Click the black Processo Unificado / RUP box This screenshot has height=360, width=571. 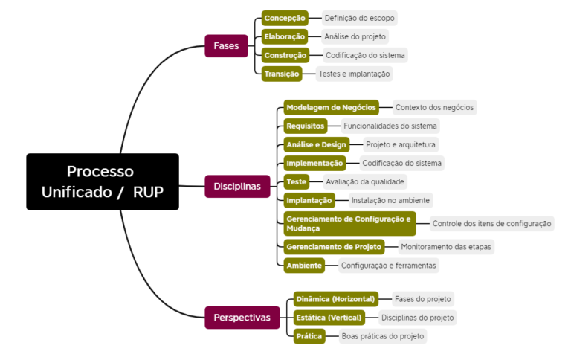[103, 181]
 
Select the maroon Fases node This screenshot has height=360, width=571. [226, 45]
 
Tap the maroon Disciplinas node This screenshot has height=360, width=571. [237, 186]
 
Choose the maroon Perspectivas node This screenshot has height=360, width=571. [242, 318]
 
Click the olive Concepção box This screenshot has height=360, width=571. [285, 17]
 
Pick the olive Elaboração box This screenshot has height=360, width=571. [285, 36]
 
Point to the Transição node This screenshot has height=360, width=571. [282, 73]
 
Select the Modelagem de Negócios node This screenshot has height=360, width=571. [331, 107]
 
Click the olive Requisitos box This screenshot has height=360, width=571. [306, 126]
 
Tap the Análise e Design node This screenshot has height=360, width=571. [316, 144]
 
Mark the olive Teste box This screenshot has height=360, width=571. [297, 181]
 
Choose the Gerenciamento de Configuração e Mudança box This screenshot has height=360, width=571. [347, 223]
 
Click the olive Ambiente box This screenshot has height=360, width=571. [304, 265]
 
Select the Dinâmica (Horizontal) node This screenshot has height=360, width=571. [335, 298]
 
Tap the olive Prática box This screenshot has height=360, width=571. [309, 336]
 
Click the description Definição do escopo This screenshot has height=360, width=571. [360, 17]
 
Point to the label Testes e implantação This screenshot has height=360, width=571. [353, 73]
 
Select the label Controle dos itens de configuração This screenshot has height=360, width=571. [491, 223]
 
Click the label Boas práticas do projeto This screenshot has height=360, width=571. [382, 336]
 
